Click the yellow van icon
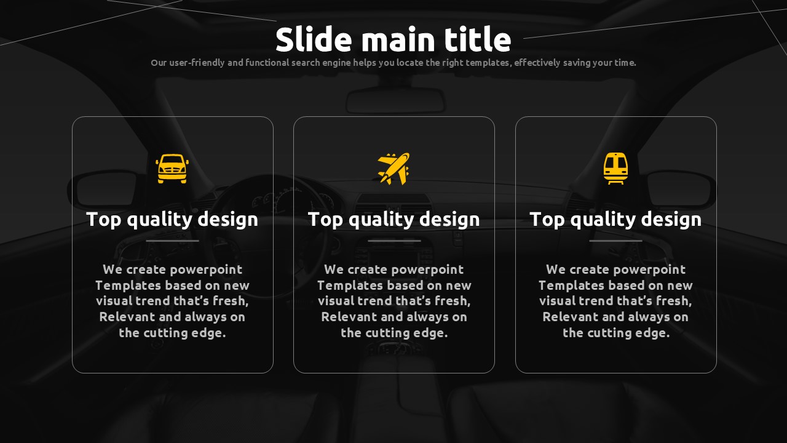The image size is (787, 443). coord(172,169)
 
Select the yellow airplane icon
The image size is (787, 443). coord(394,169)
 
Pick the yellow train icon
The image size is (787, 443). coord(615,169)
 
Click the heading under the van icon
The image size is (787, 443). coord(172,220)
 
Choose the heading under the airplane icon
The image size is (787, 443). coord(394,220)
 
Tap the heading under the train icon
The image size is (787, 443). coord(615,220)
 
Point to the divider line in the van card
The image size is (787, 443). coord(172,241)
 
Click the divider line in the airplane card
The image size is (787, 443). coord(394,241)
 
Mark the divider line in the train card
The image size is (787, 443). coord(615,241)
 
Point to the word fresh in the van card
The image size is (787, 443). coord(231,301)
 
